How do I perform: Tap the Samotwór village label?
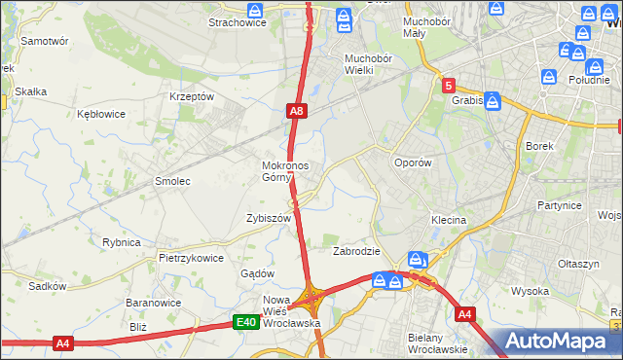click(45, 42)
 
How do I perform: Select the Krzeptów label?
click(191, 97)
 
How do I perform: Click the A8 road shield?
click(298, 113)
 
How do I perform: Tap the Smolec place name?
click(172, 182)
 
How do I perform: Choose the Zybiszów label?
click(270, 219)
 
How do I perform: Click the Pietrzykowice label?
click(192, 259)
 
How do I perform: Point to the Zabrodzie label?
click(356, 251)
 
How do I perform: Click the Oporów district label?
click(412, 163)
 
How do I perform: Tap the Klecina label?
click(444, 221)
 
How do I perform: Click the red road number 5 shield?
click(448, 86)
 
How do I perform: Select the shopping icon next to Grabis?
click(493, 99)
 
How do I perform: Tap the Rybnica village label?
click(122, 242)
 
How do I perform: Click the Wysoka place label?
click(531, 291)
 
